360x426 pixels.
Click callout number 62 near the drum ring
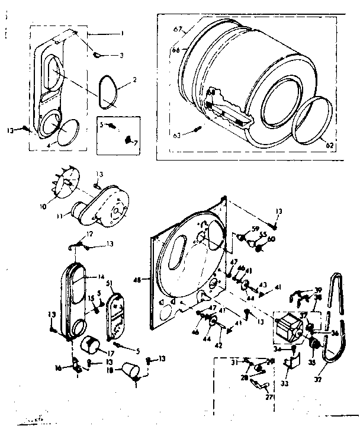[x=329, y=144]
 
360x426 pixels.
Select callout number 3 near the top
[x=121, y=56]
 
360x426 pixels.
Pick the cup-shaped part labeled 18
[x=130, y=371]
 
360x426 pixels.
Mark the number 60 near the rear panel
[x=271, y=239]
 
